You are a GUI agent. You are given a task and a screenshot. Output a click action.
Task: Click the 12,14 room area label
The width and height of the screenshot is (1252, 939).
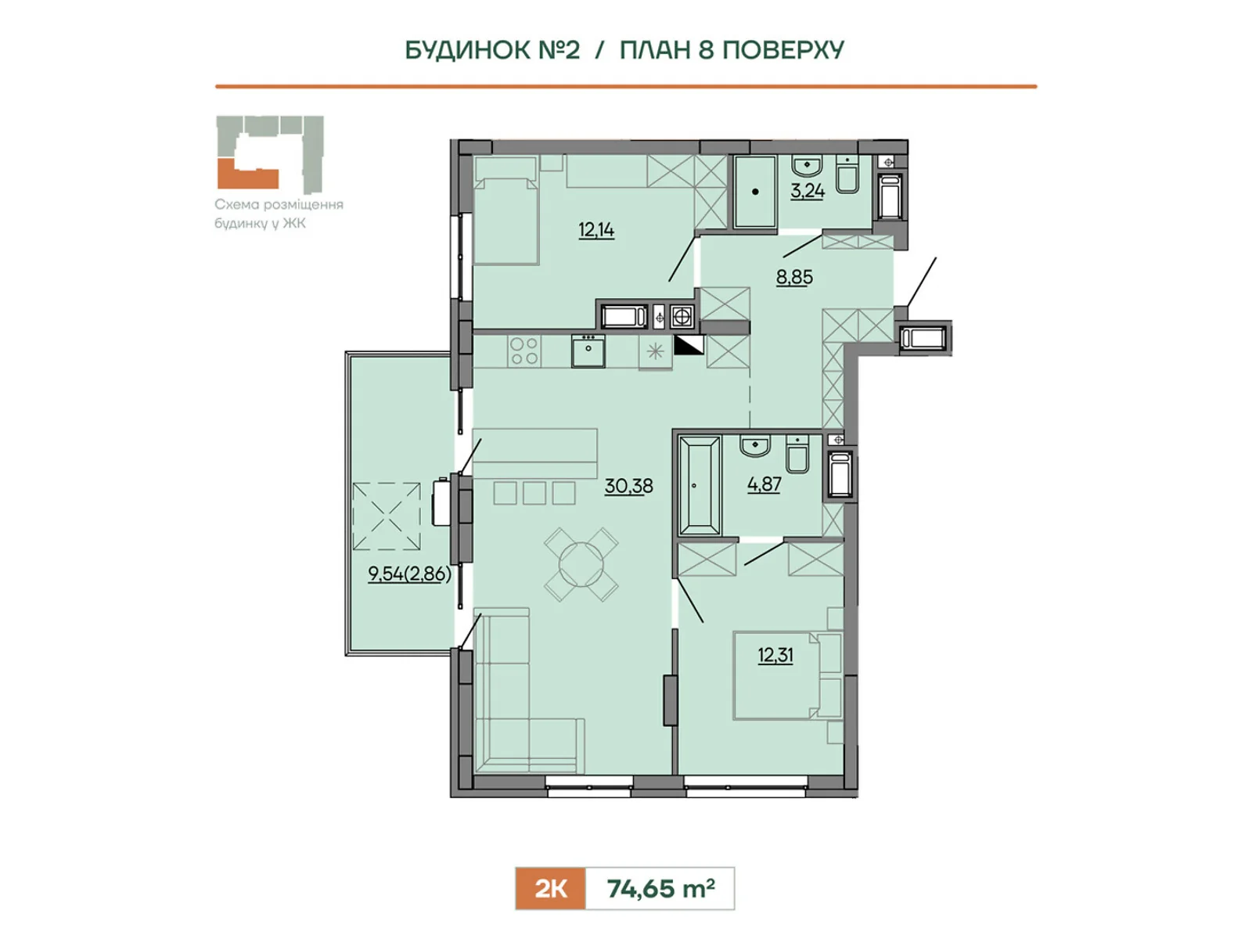(596, 230)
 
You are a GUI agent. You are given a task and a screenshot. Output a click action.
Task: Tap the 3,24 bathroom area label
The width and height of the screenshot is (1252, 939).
(807, 190)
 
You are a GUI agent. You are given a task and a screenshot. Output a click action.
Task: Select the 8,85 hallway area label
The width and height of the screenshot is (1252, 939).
(794, 277)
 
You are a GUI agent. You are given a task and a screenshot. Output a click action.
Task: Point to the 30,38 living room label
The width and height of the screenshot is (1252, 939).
(628, 486)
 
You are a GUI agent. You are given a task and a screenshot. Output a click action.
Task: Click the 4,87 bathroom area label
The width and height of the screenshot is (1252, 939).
(764, 484)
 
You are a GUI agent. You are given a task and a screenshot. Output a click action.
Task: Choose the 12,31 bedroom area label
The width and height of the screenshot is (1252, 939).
(775, 655)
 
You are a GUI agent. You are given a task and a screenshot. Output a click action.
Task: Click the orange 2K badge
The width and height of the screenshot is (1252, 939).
(550, 888)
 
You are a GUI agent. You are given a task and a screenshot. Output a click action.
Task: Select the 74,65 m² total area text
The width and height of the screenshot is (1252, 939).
(660, 888)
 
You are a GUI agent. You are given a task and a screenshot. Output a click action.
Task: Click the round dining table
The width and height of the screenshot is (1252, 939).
(581, 564)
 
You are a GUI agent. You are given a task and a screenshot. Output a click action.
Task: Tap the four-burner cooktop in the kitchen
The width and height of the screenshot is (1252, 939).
(524, 351)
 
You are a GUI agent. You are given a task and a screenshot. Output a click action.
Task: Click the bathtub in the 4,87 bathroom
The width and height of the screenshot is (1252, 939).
(699, 485)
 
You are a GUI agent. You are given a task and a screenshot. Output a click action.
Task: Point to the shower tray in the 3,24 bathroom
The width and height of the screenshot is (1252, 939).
(755, 192)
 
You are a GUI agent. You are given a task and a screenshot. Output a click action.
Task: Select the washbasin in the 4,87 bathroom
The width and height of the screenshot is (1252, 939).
(755, 445)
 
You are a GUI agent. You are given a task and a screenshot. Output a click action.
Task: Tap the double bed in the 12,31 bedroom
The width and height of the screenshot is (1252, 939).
(788, 675)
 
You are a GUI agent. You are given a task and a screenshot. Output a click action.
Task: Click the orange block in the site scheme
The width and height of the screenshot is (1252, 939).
(247, 174)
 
